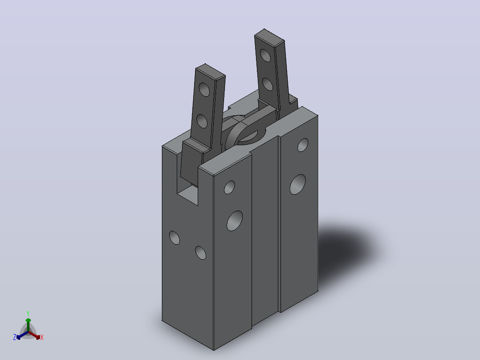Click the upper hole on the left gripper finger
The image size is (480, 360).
click(204, 90)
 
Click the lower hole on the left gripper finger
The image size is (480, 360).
click(202, 121)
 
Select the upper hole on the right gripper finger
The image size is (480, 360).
click(265, 55)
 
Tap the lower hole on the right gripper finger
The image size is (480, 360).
click(268, 84)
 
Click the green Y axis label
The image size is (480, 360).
click(28, 313)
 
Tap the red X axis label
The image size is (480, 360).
click(42, 337)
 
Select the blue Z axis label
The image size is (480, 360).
click(14, 337)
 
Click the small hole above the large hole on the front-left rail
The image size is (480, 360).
click(230, 187)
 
